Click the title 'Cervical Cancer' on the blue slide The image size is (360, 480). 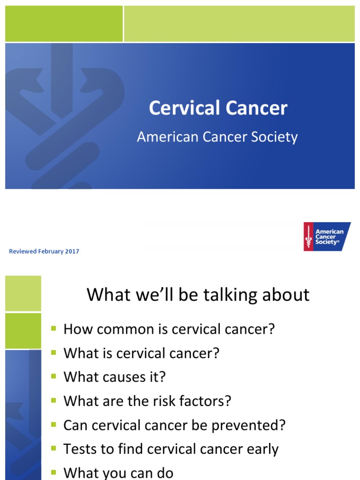point(218,108)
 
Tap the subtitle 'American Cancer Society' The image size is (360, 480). point(217,137)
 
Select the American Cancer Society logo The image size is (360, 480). point(327,236)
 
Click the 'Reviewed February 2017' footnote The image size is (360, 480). point(44,251)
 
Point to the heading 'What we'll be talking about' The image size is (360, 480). point(198,295)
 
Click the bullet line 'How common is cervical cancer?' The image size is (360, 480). point(168,329)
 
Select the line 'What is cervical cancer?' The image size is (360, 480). point(141,353)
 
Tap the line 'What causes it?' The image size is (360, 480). point(114,377)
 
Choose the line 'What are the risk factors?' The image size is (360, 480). point(147,401)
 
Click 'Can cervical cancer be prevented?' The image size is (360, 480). point(174,425)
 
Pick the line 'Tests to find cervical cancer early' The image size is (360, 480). point(171,449)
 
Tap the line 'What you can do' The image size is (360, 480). point(118,473)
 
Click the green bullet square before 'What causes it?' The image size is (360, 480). point(53,376)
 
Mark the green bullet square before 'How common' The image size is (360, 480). point(53,329)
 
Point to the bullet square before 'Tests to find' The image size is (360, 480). point(53,449)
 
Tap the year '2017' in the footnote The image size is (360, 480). point(72,251)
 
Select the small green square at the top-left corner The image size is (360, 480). point(64,23)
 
